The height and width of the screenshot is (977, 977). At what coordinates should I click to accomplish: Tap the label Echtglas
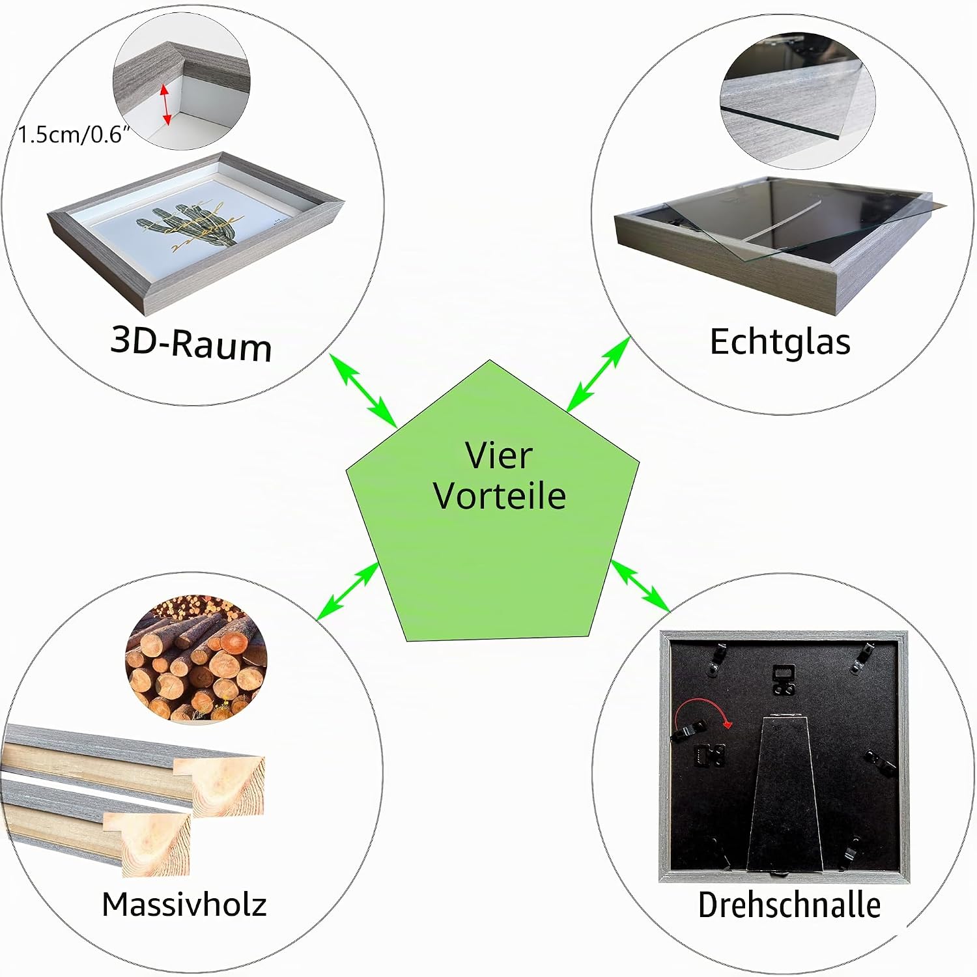pyautogui.click(x=780, y=341)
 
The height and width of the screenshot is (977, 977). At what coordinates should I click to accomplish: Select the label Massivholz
pyautogui.click(x=184, y=904)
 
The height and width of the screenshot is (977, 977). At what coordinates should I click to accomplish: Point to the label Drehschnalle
pyautogui.click(x=789, y=905)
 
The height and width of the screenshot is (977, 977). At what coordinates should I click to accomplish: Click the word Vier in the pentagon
pyautogui.click(x=499, y=455)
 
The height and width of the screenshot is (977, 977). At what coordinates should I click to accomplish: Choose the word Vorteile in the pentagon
pyautogui.click(x=500, y=496)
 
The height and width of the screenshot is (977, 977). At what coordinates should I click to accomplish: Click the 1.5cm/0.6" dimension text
pyautogui.click(x=74, y=135)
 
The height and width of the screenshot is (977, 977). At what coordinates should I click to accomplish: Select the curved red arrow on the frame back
pyautogui.click(x=703, y=713)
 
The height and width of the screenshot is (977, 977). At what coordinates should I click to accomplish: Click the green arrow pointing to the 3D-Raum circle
pyautogui.click(x=363, y=390)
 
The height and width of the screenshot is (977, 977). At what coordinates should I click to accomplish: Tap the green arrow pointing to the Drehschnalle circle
pyautogui.click(x=640, y=586)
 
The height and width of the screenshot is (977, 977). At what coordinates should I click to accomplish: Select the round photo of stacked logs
pyautogui.click(x=196, y=658)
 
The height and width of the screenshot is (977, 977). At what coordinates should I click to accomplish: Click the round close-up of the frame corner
pyautogui.click(x=181, y=82)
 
